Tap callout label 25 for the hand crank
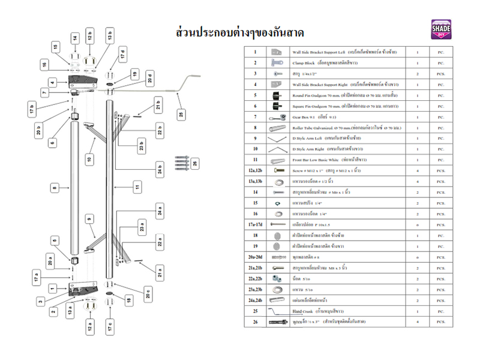[x=181, y=113]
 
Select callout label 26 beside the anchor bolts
[x=194, y=163]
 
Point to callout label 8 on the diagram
[x=54, y=188]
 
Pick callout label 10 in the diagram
[x=89, y=159]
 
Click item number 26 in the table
[x=255, y=322]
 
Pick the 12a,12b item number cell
[x=255, y=171]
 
